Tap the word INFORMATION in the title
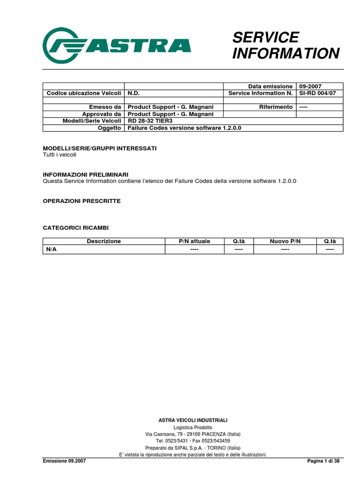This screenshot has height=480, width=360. [x=285, y=53]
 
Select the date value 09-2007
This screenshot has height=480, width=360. [x=311, y=86]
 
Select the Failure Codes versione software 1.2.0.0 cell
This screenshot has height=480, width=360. [x=184, y=127]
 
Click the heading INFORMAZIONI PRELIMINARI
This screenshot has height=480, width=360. [x=85, y=174]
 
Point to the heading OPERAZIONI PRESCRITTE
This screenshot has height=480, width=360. [x=82, y=201]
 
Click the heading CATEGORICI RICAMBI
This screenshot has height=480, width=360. [x=75, y=227]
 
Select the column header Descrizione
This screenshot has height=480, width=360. [x=104, y=241]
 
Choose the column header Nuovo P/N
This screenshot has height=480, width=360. [x=285, y=241]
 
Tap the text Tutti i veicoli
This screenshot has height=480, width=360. [x=60, y=155]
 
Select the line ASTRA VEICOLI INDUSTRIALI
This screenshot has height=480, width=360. [x=193, y=420]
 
